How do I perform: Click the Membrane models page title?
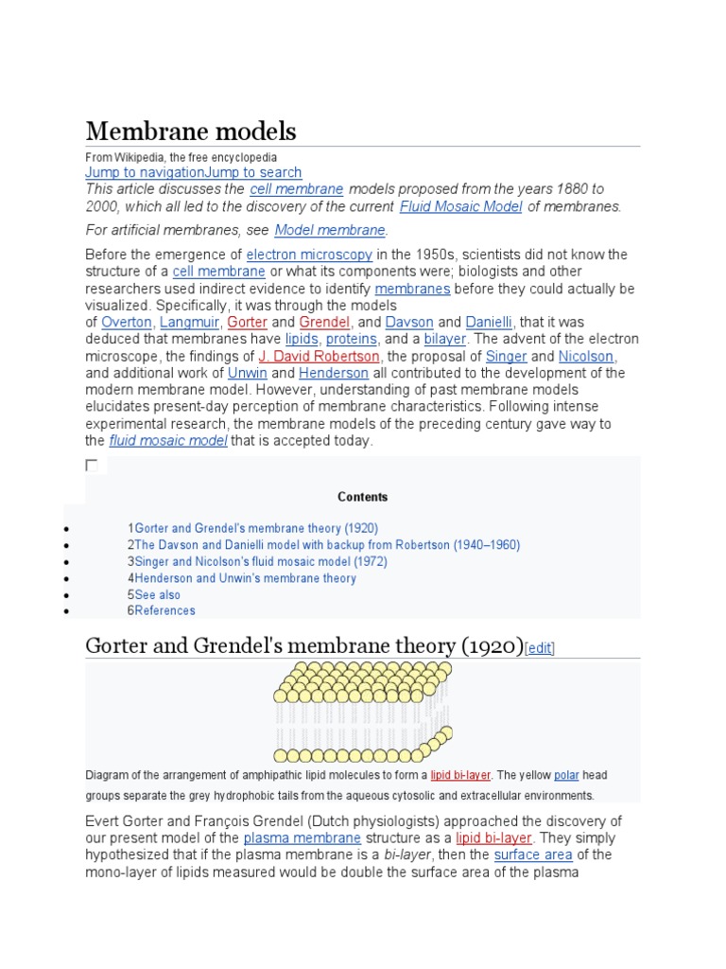190,131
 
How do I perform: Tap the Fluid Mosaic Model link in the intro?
460,206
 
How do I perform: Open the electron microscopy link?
309,255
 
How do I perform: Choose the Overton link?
126,323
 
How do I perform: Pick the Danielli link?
489,323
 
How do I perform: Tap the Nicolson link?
586,357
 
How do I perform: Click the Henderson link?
333,374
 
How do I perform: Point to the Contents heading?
362,497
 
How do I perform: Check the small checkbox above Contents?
92,465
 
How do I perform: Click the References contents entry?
164,610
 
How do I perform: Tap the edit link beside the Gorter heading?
540,648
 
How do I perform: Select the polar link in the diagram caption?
566,775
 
